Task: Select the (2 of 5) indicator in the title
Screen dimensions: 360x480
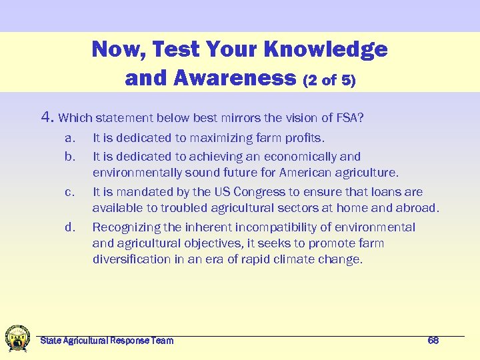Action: (329, 81)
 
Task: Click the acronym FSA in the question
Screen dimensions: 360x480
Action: (347, 119)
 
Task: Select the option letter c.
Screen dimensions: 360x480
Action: (69, 192)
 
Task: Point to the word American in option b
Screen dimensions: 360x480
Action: (311, 173)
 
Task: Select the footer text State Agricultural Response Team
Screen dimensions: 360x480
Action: (107, 341)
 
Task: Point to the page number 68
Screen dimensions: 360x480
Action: (433, 341)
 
